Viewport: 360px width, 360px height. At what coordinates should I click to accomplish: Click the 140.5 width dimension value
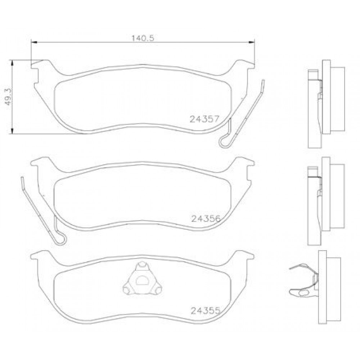click(x=143, y=38)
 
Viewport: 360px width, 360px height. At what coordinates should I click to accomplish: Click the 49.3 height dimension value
click(x=8, y=97)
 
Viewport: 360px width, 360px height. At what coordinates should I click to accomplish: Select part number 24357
click(x=204, y=119)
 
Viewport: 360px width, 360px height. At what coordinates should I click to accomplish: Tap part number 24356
click(x=206, y=219)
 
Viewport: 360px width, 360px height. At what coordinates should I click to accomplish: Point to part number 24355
click(x=206, y=311)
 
